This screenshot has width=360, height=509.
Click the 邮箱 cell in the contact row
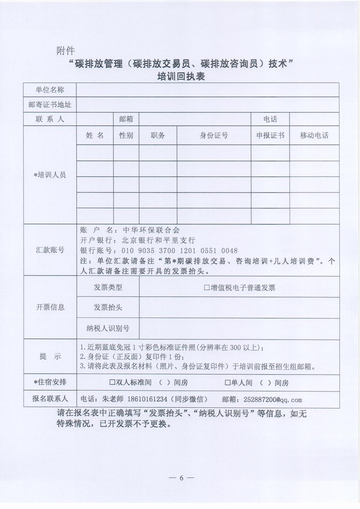126,119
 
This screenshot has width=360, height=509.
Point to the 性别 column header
126,135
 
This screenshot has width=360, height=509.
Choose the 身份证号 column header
213,135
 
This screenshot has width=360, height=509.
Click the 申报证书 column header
270,135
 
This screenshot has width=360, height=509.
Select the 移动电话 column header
314,135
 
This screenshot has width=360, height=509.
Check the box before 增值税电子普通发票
207,287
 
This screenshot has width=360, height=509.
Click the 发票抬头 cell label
108,307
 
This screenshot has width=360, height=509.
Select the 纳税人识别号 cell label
108,328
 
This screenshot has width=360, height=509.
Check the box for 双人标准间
112,383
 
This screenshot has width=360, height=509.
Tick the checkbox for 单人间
227,383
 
